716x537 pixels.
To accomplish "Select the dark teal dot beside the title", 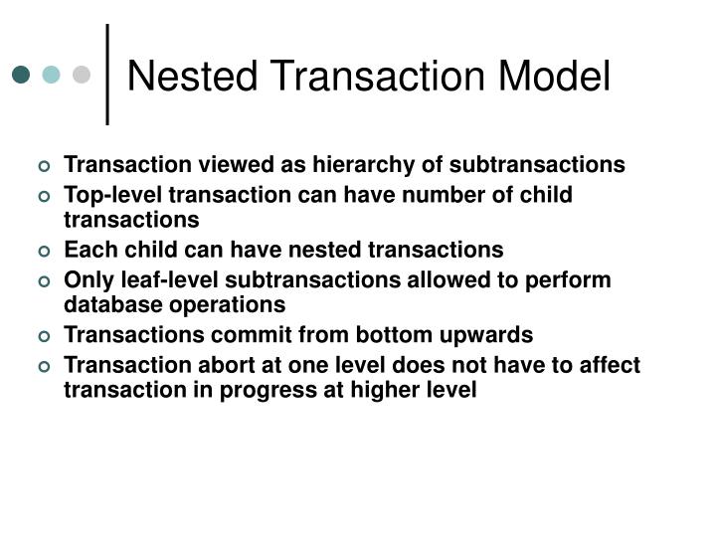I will pyautogui.click(x=21, y=75).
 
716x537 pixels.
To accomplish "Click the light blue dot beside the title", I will pyautogui.click(x=51, y=75).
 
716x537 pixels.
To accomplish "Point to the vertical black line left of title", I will pyautogui.click(x=107, y=75).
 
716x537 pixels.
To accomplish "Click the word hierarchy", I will pyautogui.click(x=297, y=164).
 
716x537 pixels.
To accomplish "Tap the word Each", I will pyautogui.click(x=87, y=250).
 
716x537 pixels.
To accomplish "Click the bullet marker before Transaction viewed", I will pyautogui.click(x=44, y=165).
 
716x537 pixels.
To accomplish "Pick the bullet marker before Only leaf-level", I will pyautogui.click(x=44, y=281).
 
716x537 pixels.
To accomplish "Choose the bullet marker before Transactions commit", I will pyautogui.click(x=44, y=336).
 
